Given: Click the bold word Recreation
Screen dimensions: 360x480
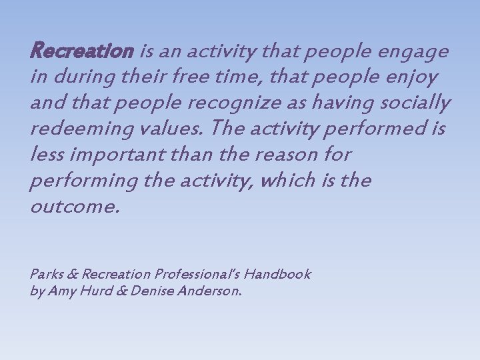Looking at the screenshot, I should click(x=82, y=51).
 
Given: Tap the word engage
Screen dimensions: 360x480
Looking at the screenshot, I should click(x=415, y=52).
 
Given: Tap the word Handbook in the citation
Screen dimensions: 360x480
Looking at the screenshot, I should click(x=277, y=274).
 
